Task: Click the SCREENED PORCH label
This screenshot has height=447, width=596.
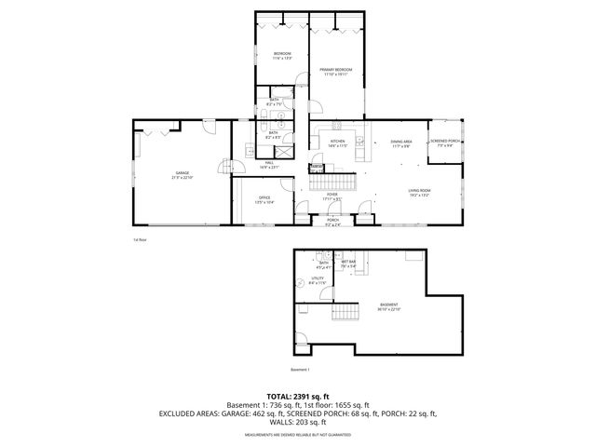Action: [x=441, y=143]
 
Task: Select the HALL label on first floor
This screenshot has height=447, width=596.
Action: [x=269, y=165]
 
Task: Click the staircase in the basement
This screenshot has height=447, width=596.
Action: [x=345, y=312]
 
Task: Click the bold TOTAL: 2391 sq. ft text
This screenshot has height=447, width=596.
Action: [x=297, y=397]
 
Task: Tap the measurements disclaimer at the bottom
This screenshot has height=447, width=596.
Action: [x=297, y=435]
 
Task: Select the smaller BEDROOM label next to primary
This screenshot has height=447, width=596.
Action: [x=282, y=56]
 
